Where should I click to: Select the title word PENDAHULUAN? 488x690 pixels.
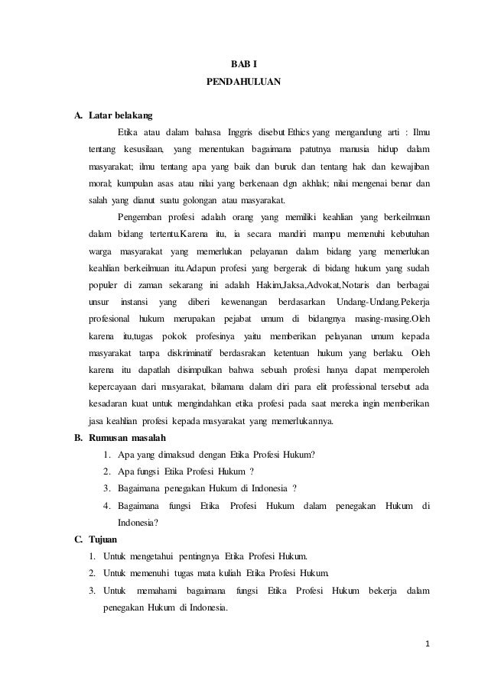click(x=244, y=79)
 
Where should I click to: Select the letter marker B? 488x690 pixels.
click(x=77, y=438)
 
